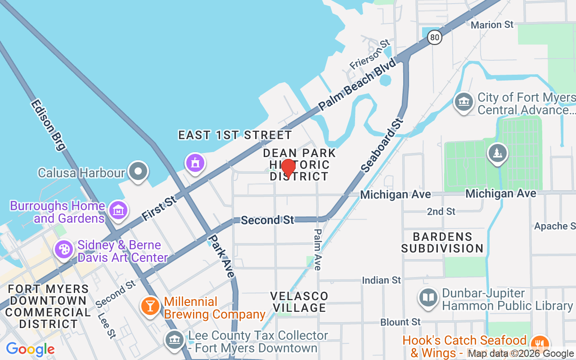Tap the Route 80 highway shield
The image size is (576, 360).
[435, 37]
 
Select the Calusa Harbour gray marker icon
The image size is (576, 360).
[138, 172]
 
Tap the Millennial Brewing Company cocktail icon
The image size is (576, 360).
[150, 306]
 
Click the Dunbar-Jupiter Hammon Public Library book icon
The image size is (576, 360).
[428, 298]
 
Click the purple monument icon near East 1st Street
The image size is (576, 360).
[195, 162]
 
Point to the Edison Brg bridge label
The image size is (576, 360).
[48, 125]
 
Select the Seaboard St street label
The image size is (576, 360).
[382, 145]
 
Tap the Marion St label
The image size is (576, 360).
[492, 25]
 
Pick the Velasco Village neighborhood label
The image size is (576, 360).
[299, 302]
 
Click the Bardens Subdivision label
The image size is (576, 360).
[442, 243]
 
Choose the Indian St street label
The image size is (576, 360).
[381, 280]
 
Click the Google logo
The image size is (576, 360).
[30, 349]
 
